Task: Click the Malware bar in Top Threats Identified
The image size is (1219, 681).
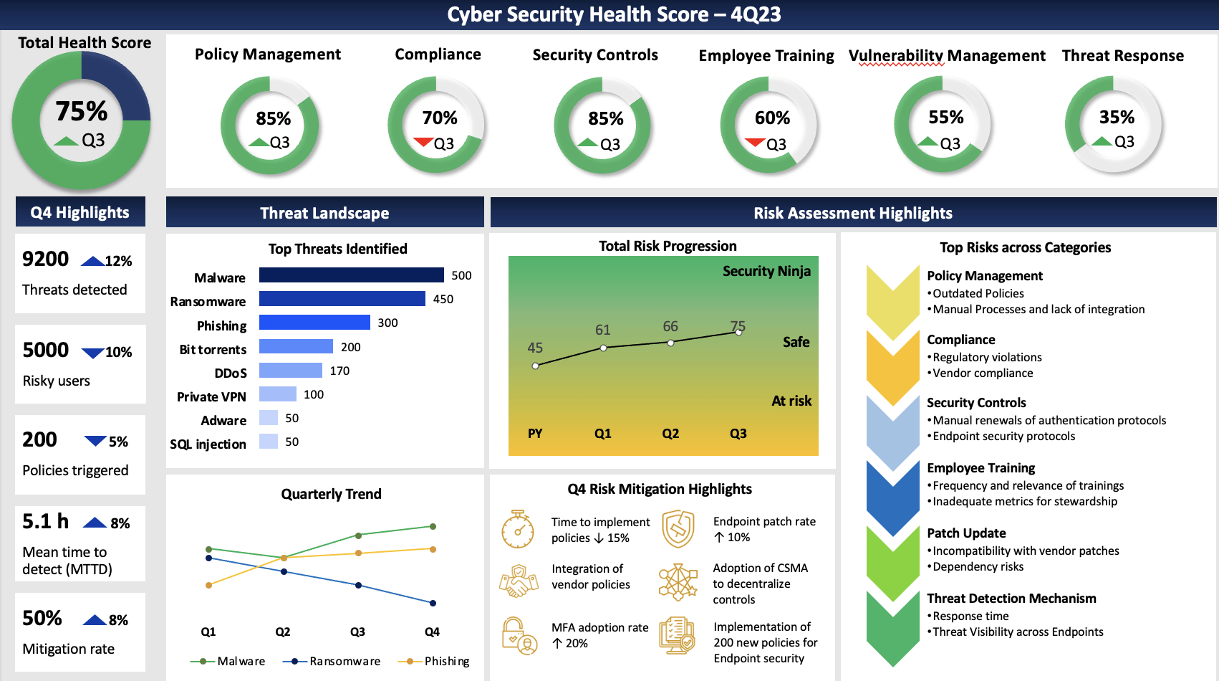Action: (x=351, y=275)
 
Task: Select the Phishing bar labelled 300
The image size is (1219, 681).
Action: (x=314, y=323)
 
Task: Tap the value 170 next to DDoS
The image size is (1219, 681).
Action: (x=339, y=371)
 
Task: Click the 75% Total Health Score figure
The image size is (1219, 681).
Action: (x=82, y=111)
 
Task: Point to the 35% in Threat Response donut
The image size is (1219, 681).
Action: (x=1117, y=117)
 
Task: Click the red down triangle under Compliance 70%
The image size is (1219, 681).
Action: (x=423, y=142)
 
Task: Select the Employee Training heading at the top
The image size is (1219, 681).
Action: (x=766, y=56)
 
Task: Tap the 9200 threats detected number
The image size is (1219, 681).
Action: (x=46, y=259)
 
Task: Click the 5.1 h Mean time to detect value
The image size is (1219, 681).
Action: (x=46, y=521)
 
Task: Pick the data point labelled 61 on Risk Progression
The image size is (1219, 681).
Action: (x=603, y=348)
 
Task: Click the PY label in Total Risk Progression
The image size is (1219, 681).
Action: (x=535, y=434)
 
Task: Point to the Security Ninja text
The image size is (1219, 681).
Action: (x=766, y=271)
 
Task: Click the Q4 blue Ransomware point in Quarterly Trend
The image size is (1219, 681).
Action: (x=433, y=603)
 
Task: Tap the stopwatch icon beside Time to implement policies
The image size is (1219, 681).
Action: (x=517, y=530)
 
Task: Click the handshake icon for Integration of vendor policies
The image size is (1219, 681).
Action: (x=518, y=581)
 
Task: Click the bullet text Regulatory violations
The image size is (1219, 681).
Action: (x=986, y=357)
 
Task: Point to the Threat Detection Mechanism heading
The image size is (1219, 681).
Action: (x=1011, y=599)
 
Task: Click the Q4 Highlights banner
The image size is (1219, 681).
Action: (x=80, y=212)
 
